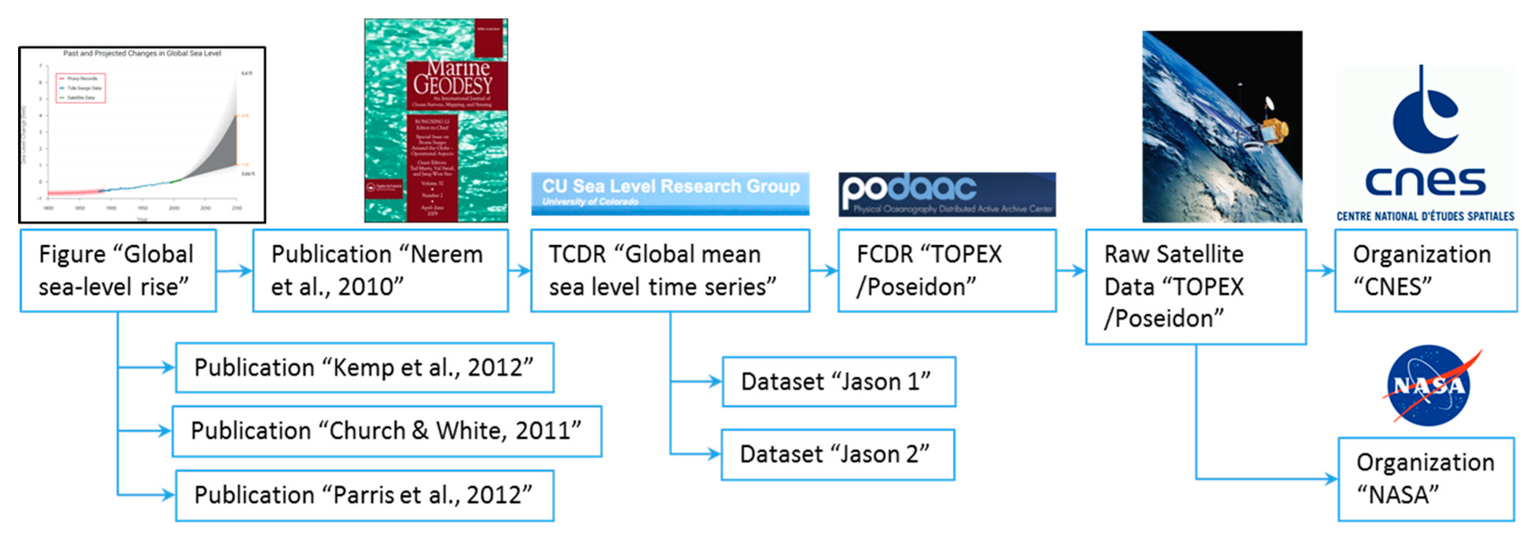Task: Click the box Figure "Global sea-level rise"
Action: (x=118, y=271)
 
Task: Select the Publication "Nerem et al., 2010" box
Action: (x=380, y=271)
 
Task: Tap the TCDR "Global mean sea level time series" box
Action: (x=670, y=271)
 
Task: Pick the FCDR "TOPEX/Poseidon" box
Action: (x=947, y=271)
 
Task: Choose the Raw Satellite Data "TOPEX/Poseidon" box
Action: (x=1195, y=287)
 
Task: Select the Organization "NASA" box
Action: (x=1426, y=479)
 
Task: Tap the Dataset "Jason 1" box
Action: (x=839, y=382)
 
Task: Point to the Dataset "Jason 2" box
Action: (x=837, y=454)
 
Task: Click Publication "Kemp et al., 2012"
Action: (x=364, y=368)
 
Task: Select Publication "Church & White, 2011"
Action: (x=387, y=431)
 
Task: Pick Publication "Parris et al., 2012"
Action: (x=364, y=495)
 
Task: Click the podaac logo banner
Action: (x=947, y=194)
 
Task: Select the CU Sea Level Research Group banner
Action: (x=670, y=193)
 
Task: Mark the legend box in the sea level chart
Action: (x=81, y=88)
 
